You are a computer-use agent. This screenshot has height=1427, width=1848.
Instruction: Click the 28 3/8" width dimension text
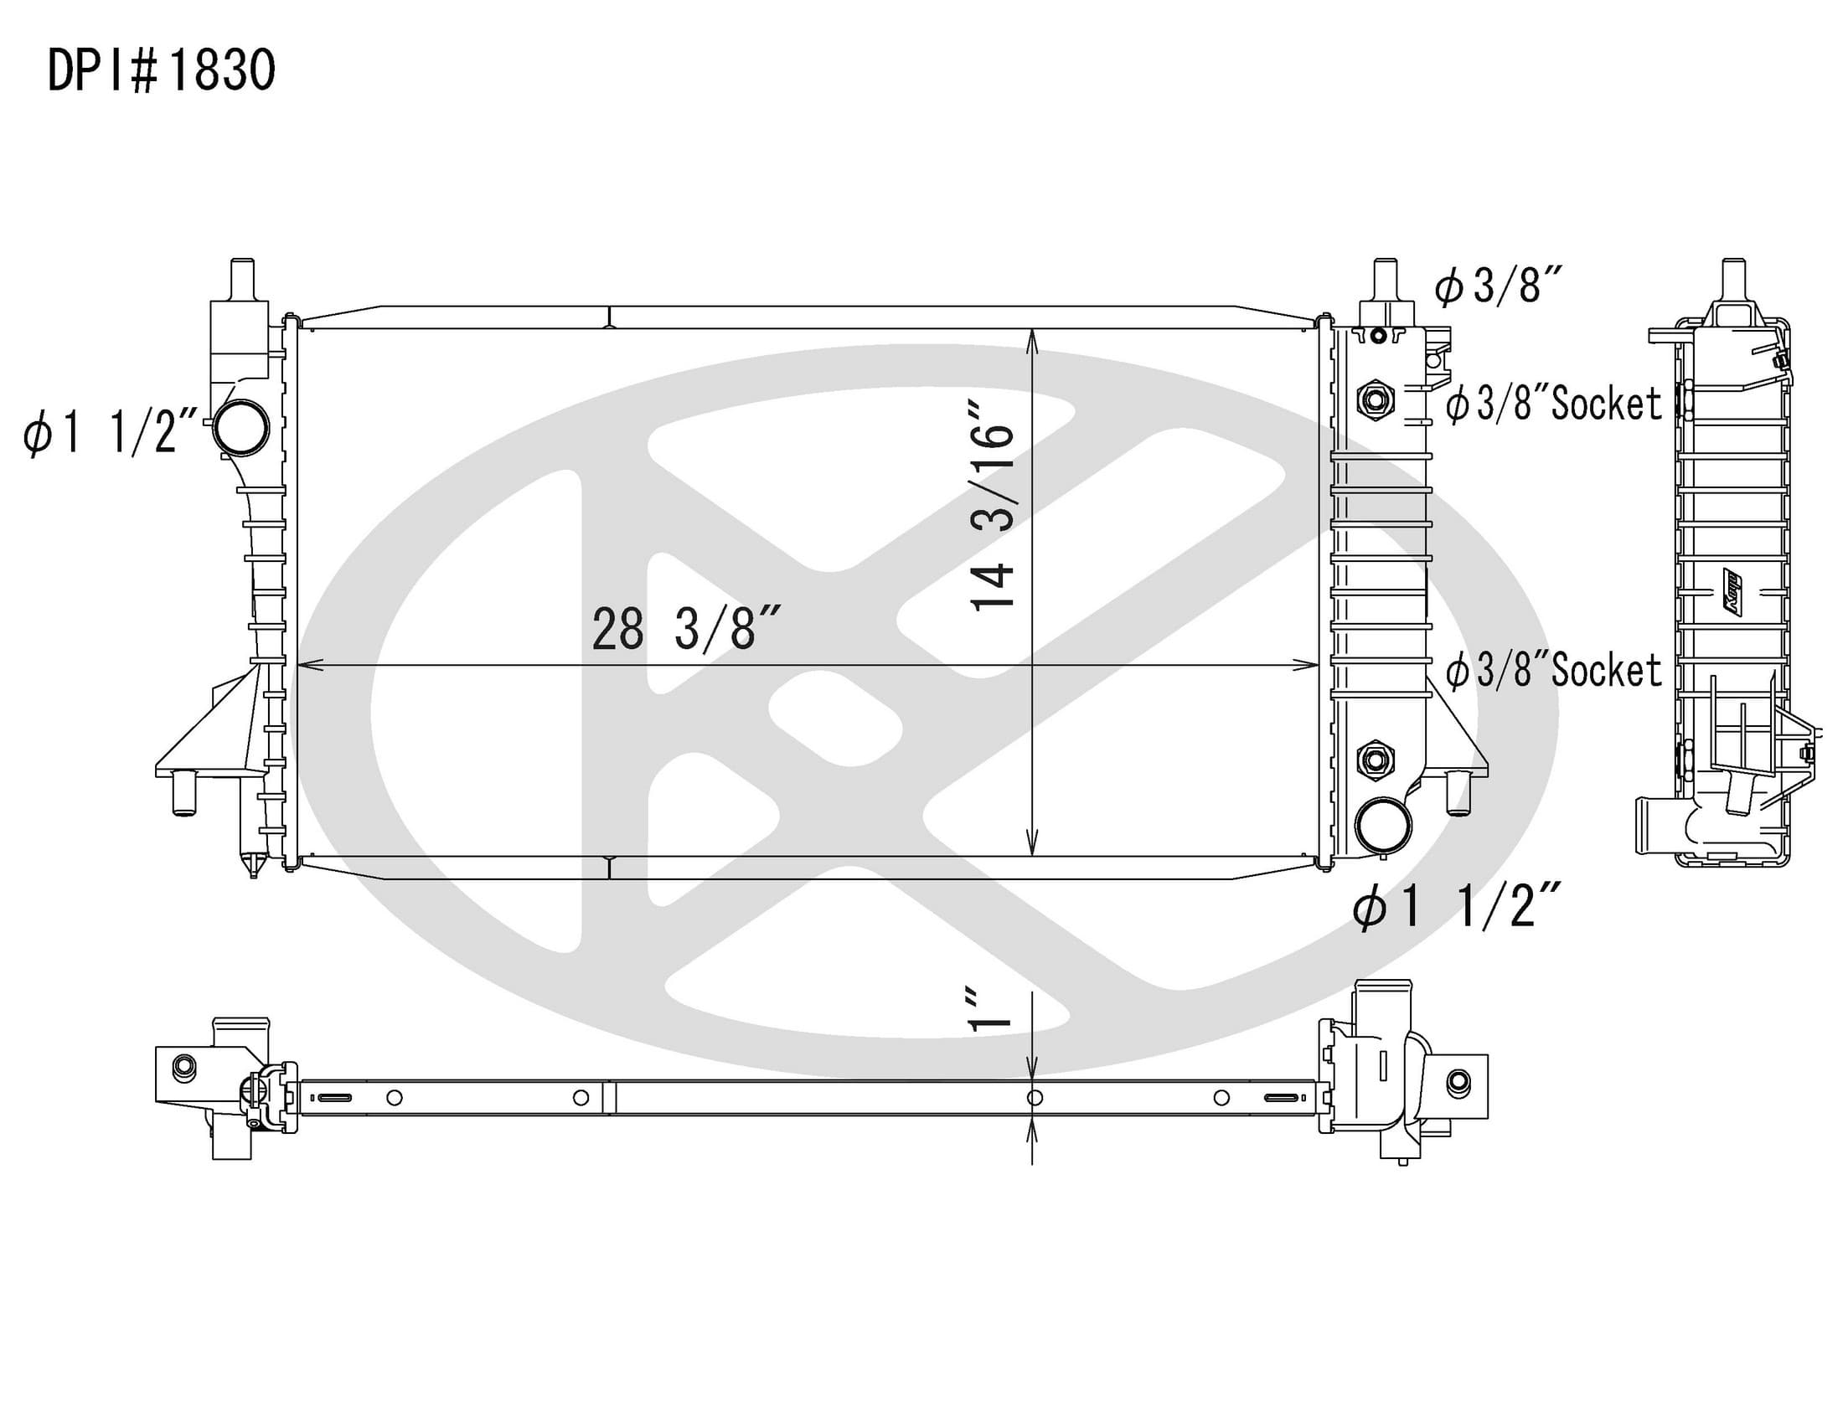pos(685,629)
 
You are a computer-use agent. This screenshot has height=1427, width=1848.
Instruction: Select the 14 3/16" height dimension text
pos(993,505)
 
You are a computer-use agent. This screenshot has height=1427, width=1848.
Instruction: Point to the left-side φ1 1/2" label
pos(111,433)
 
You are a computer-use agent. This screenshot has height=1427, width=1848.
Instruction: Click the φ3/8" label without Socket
pos(1498,285)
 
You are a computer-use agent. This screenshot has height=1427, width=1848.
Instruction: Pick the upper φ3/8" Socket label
pos(1553,404)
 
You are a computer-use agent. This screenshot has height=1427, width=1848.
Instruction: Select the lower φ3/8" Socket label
pos(1553,670)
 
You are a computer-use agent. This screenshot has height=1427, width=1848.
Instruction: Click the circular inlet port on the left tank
pos(241,428)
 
